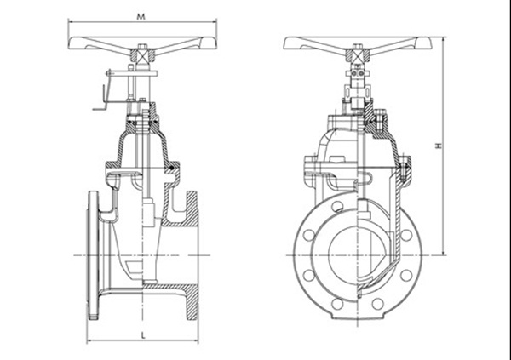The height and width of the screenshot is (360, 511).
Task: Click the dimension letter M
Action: pos(141,17)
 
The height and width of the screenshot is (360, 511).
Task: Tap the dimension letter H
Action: pos(439,146)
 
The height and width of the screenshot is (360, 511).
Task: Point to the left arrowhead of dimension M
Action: pos(71,22)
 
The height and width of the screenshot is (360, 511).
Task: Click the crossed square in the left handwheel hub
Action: pos(142,54)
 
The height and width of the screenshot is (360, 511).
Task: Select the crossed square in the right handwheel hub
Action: pos(358,54)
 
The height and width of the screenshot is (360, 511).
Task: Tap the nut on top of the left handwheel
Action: pos(142,47)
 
